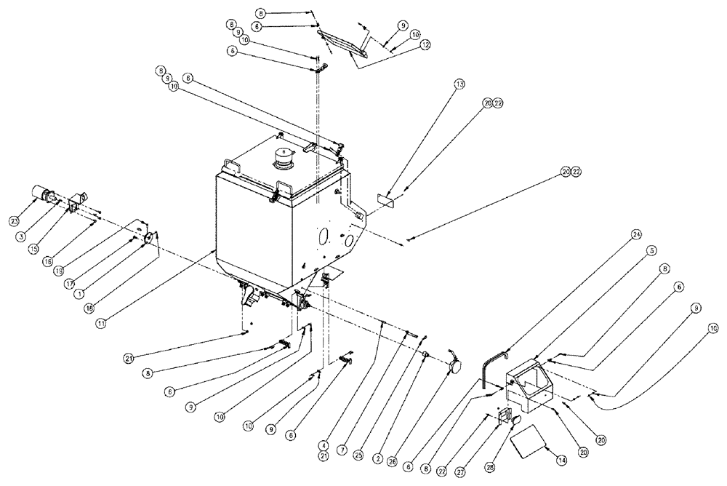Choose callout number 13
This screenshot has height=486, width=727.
[x=459, y=84]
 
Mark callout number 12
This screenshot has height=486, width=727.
[x=425, y=45]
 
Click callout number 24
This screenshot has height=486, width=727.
[x=636, y=234]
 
